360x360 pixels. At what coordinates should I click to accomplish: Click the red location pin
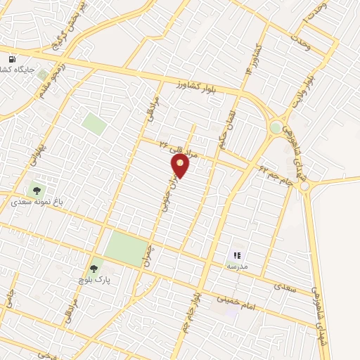[181, 166]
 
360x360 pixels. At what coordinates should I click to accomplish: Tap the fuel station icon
[12, 60]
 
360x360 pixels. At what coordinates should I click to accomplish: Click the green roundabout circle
[276, 128]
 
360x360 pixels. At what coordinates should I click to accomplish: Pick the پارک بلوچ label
[95, 279]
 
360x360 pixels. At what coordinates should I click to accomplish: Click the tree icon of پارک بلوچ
[94, 268]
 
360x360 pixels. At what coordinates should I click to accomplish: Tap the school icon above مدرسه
[237, 255]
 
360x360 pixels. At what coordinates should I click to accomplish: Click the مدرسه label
[237, 267]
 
